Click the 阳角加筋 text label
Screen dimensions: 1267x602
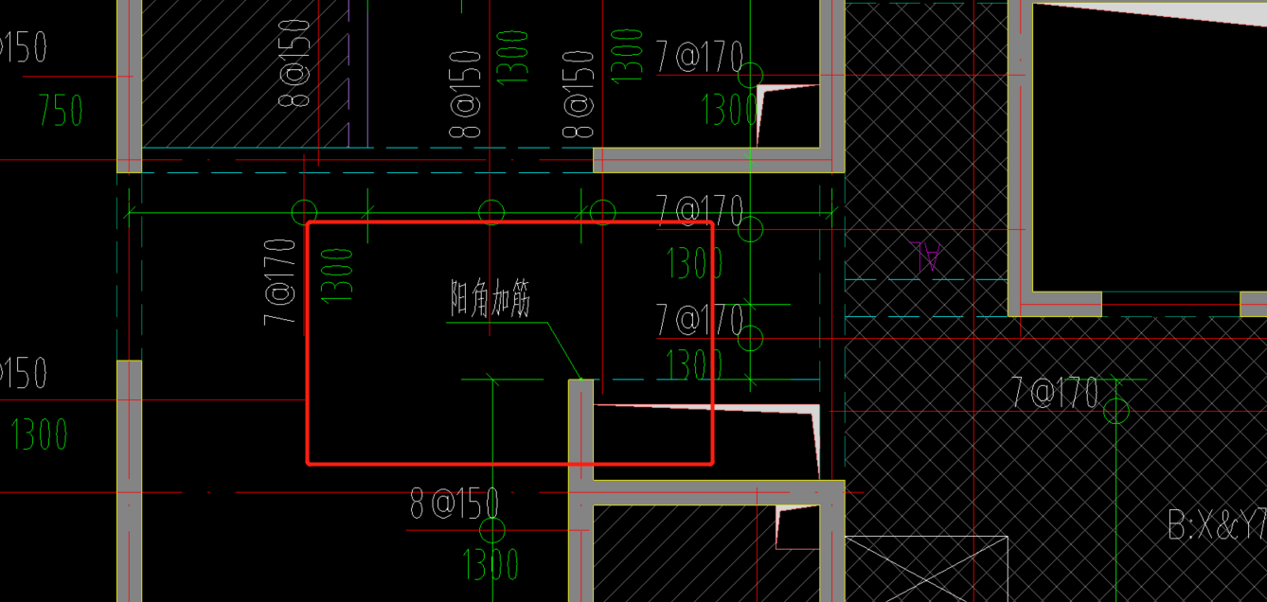click(x=491, y=301)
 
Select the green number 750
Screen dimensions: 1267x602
click(x=61, y=112)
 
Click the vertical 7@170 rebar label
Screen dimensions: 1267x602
click(x=280, y=281)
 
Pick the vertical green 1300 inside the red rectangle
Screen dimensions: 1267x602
click(x=338, y=274)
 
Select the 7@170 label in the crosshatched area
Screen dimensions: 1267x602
click(x=1055, y=392)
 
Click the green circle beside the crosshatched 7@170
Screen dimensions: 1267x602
click(x=1117, y=411)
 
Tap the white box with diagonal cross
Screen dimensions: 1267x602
click(x=925, y=568)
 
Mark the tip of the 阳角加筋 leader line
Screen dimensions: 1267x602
click(x=580, y=379)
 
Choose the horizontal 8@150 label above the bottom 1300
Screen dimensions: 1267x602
click(x=455, y=504)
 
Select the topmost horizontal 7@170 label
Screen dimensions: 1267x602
click(x=699, y=59)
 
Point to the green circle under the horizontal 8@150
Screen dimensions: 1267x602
click(x=492, y=530)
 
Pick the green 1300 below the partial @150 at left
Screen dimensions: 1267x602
click(x=40, y=434)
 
